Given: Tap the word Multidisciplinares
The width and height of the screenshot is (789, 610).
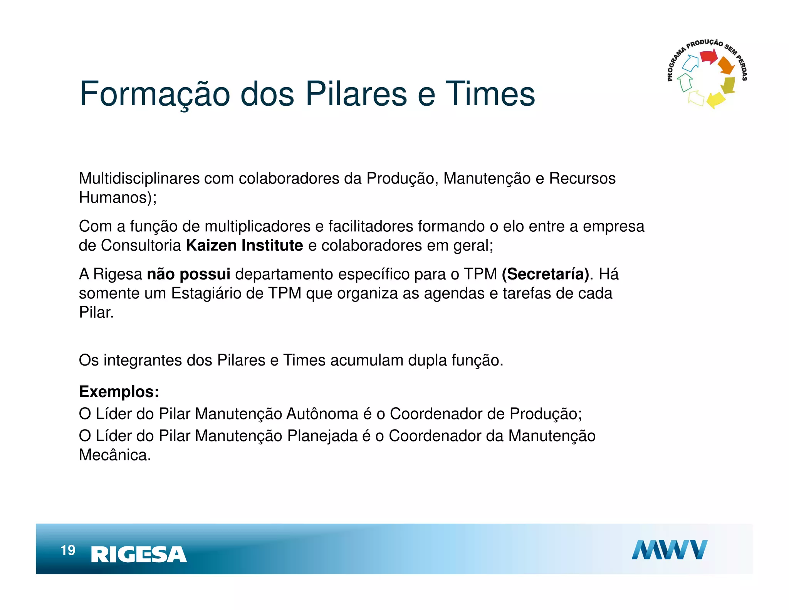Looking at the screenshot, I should pos(139,179).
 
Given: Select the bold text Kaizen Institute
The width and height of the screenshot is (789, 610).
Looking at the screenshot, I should pos(244,246).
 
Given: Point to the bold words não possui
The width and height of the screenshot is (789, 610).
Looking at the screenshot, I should pos(188,274).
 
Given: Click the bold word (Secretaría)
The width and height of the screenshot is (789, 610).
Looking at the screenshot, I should pos(545,274).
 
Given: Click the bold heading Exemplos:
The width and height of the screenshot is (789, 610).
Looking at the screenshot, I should pos(119,392).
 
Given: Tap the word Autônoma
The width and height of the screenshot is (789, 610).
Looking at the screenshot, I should pos(322,414).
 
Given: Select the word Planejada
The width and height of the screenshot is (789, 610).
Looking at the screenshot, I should pos(322,436).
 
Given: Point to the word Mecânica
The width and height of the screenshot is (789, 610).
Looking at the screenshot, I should pos(114,455).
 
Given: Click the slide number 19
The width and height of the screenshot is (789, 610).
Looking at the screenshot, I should pos(68,550).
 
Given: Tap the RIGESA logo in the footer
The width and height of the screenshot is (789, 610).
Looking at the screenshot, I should pos(139,554).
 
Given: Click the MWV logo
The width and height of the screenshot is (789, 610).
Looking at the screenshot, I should pos(669,550).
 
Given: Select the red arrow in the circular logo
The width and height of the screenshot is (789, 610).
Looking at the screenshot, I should pos(708,57).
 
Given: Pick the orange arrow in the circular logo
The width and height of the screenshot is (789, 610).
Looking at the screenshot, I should pos(726,66).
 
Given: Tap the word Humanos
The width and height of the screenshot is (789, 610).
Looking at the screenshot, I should pos(113,198).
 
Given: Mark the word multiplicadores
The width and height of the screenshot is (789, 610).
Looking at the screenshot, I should pos(257,226).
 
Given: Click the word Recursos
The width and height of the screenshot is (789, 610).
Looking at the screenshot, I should pos(582,179).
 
